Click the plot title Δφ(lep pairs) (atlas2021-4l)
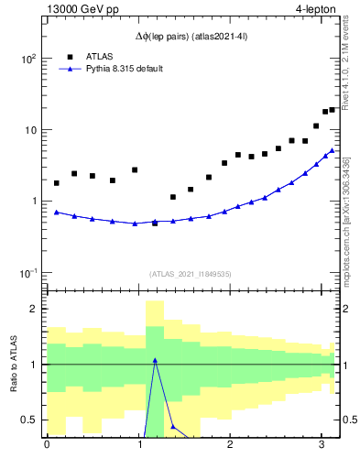[x=190, y=38]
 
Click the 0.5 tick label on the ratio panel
[x=27, y=420]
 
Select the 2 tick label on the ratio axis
[x=32, y=309]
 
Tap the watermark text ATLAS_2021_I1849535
[x=190, y=274]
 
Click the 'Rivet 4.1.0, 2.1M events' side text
[x=345, y=59]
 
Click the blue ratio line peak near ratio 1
[x=155, y=360]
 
